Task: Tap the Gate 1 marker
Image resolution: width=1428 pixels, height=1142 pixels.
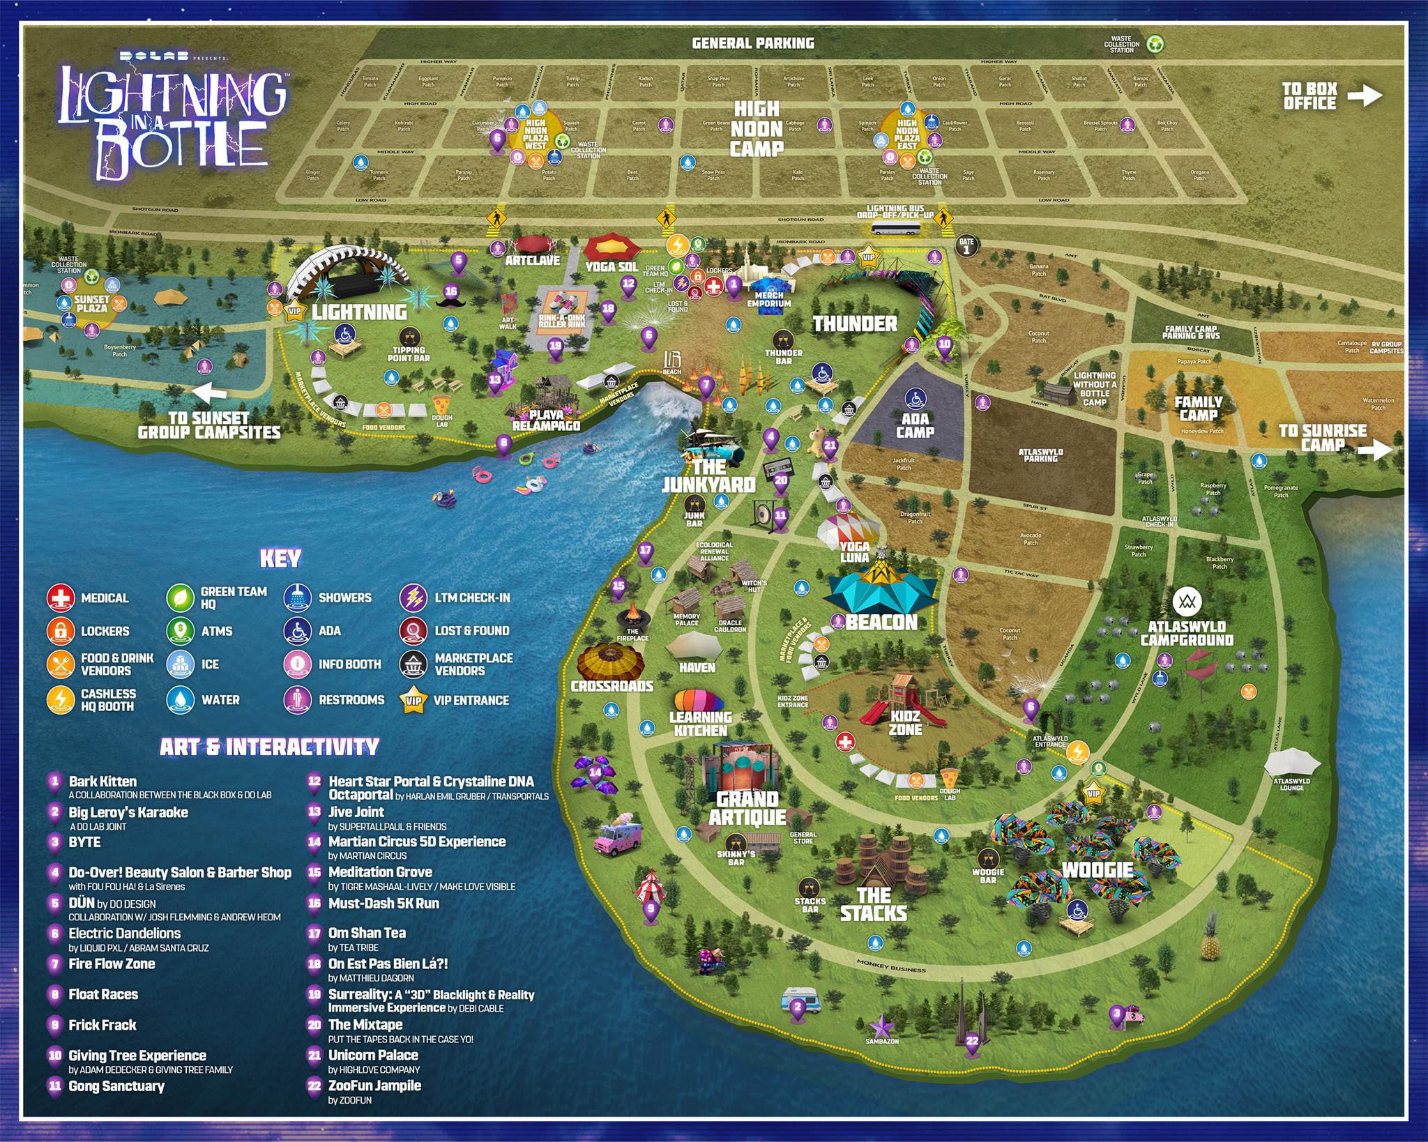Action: pos(966,245)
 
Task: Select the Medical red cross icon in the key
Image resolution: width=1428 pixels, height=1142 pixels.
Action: pos(61,598)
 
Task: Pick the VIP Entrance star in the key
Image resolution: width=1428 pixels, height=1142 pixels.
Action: pos(413,700)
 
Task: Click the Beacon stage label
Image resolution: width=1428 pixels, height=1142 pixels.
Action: pos(881,622)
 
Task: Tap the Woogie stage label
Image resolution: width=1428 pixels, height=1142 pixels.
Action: pos(1097,869)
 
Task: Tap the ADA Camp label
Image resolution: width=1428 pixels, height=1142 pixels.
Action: pos(915,425)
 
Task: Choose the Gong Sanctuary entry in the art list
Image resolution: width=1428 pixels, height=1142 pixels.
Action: pos(116,1086)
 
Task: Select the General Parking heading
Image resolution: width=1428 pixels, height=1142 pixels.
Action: pos(752,43)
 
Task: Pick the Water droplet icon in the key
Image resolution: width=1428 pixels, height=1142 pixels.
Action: pos(181,700)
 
